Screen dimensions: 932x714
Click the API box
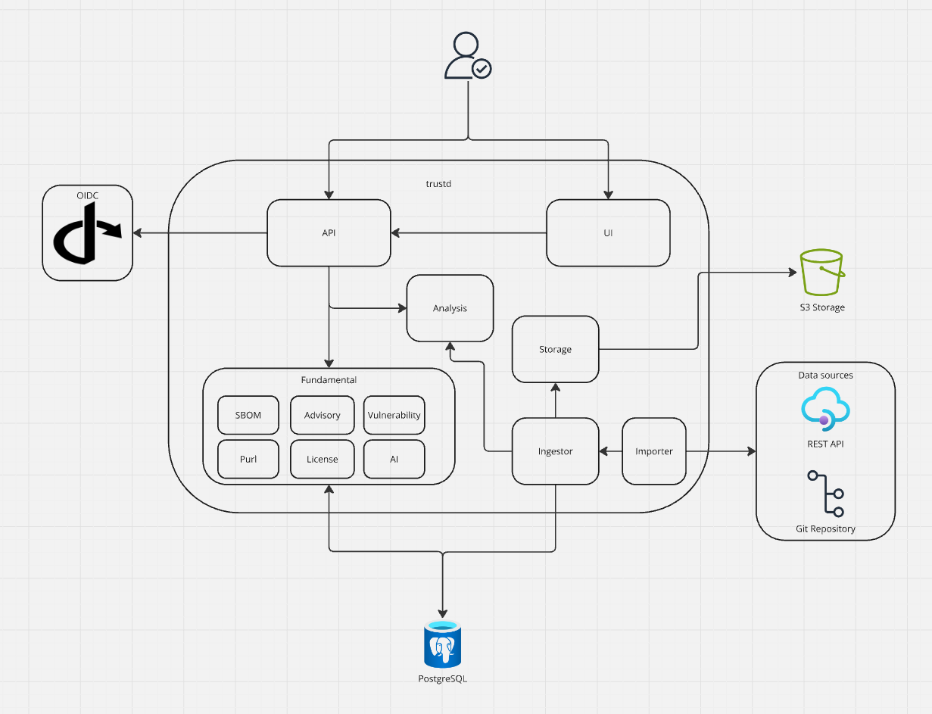click(x=329, y=233)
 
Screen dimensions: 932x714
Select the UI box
click(x=608, y=233)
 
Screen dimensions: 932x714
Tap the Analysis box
click(x=450, y=308)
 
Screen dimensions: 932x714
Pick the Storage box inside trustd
click(x=555, y=349)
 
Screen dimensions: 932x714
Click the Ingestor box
click(x=555, y=451)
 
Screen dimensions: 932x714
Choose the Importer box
click(x=653, y=451)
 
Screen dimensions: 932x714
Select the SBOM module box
click(x=248, y=415)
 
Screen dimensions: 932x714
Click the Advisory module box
click(x=322, y=415)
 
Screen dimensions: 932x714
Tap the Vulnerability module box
click(x=394, y=415)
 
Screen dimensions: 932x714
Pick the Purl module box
click(x=248, y=459)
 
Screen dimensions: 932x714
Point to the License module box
click(x=322, y=459)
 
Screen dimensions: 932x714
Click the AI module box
click(x=394, y=459)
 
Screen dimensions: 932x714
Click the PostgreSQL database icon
click(x=442, y=644)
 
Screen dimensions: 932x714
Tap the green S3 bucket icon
click(x=821, y=273)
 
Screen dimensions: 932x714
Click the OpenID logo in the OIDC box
click(x=87, y=233)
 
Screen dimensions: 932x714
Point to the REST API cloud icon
click(x=825, y=409)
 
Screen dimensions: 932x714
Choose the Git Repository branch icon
click(x=825, y=493)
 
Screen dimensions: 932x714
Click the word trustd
click(x=438, y=183)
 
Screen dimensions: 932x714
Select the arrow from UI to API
click(x=469, y=233)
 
